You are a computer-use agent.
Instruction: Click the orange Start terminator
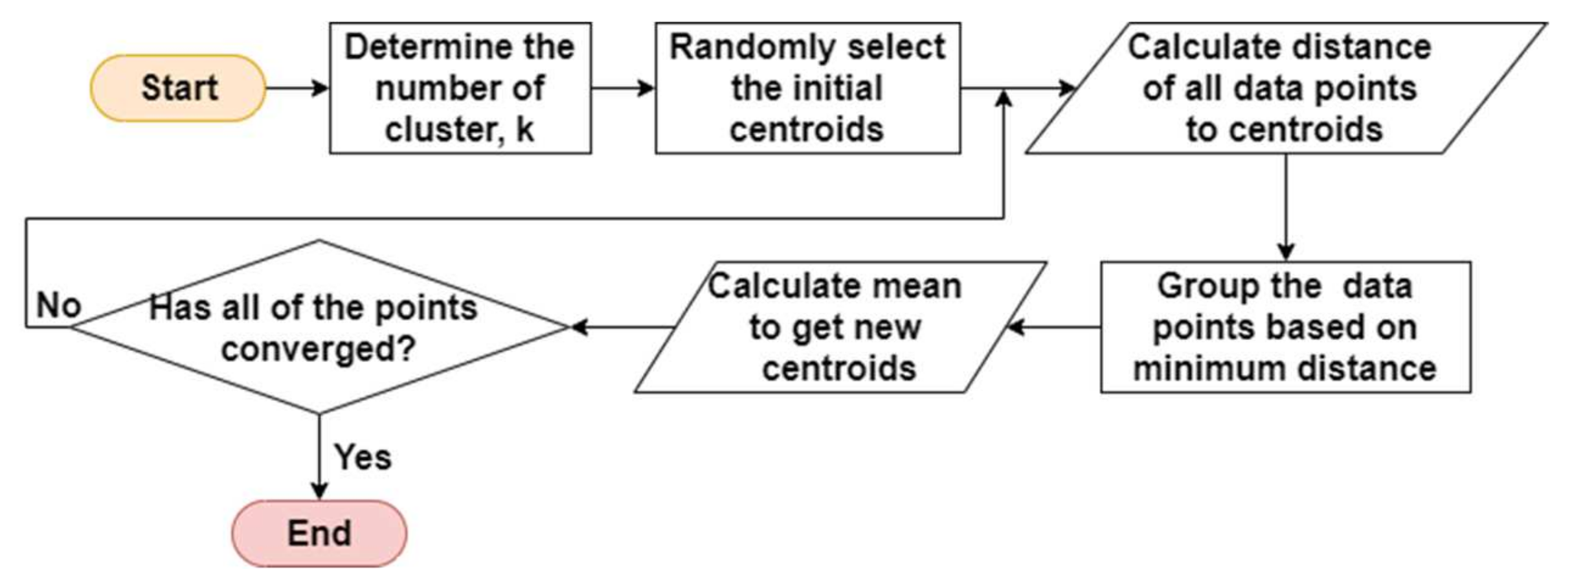(x=178, y=88)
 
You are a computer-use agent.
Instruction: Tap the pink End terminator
(x=319, y=533)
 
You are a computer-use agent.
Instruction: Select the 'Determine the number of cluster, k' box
(x=460, y=88)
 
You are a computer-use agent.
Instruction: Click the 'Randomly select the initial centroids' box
(x=807, y=88)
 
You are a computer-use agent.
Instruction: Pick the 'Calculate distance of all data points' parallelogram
(x=1285, y=88)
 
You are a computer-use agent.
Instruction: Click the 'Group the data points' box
(x=1285, y=327)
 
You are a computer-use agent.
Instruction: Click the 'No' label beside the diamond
(x=58, y=304)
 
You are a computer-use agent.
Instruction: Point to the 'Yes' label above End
(x=363, y=457)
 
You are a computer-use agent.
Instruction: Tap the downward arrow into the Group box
(x=1286, y=207)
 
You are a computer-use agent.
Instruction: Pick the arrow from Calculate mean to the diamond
(x=622, y=327)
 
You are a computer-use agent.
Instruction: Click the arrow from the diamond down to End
(x=319, y=457)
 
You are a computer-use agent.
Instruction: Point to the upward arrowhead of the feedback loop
(x=1004, y=99)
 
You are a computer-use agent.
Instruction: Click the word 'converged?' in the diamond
(x=317, y=349)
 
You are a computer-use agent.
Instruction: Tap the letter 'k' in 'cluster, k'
(x=524, y=129)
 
